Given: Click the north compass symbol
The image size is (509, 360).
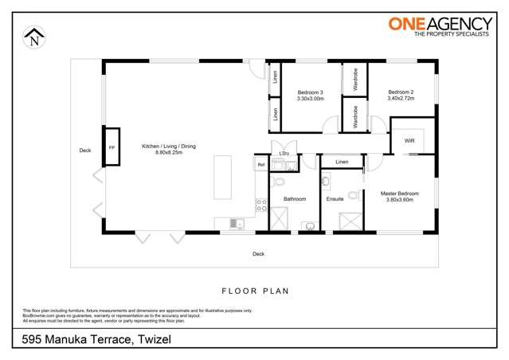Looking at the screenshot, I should click(x=34, y=36).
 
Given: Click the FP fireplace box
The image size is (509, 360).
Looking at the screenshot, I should click(x=112, y=148).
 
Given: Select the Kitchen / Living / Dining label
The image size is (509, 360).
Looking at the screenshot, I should click(x=169, y=149).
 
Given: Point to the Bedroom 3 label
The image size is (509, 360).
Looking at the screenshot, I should click(x=310, y=96).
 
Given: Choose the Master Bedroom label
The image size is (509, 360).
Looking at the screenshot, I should click(x=399, y=196).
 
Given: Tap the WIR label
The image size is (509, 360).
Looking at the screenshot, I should click(x=409, y=141).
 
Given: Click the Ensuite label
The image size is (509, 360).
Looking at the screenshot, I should click(x=335, y=199).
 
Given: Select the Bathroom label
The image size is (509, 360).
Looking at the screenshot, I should click(x=295, y=199).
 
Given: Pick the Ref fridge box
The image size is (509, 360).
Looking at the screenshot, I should click(x=260, y=165).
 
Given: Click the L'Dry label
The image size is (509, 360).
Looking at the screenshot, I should click(x=284, y=154).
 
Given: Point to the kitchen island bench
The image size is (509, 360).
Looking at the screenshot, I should click(x=222, y=178).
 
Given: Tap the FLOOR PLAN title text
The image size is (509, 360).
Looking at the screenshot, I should click(x=255, y=292).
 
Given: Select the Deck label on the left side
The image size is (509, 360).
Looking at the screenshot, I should click(x=85, y=150).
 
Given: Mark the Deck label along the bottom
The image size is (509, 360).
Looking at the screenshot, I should click(x=258, y=254).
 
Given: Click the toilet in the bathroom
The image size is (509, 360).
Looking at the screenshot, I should click(x=278, y=182).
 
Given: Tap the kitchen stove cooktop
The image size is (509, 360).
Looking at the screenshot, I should click(x=260, y=205).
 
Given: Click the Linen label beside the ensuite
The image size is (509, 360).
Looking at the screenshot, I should click(x=342, y=162).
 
